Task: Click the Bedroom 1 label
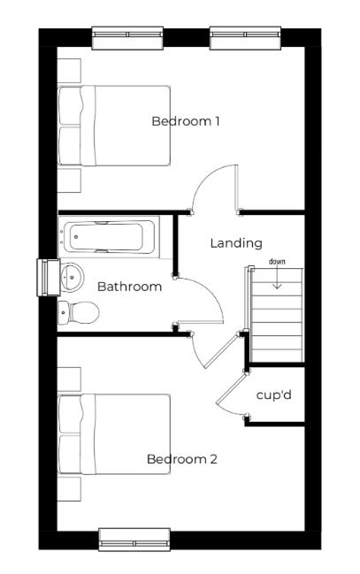point(186,121)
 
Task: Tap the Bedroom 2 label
point(182,460)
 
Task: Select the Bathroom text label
point(129,287)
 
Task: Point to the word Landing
point(236,242)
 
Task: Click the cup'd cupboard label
point(273,394)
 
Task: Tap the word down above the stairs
point(278,262)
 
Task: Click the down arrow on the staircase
point(278,280)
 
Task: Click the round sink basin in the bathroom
point(70,279)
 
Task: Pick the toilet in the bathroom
point(79,312)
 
